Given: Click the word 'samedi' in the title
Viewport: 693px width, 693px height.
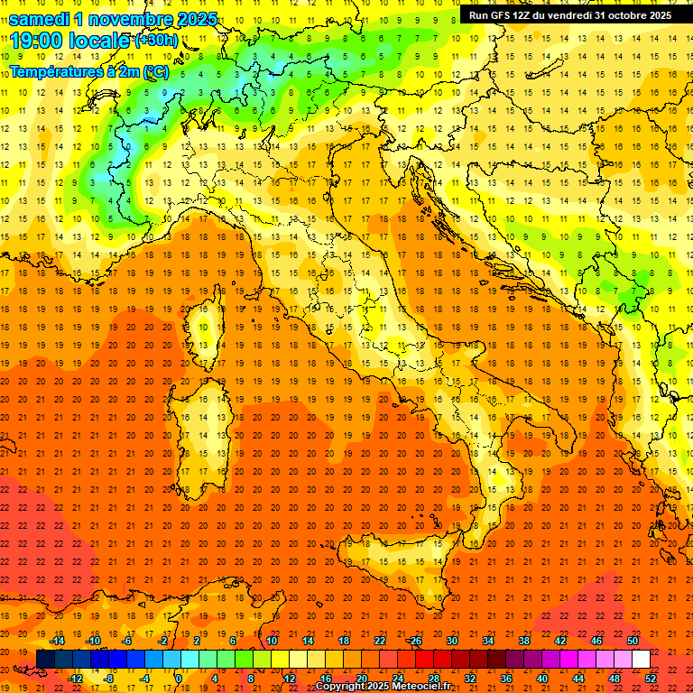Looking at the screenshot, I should pyautogui.click(x=37, y=19).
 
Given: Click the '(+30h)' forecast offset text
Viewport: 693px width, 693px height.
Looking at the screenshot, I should pyautogui.click(x=156, y=41).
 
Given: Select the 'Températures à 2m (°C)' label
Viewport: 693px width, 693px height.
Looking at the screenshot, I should pyautogui.click(x=88, y=70).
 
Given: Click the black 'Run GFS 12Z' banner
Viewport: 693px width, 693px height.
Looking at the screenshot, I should pyautogui.click(x=569, y=15).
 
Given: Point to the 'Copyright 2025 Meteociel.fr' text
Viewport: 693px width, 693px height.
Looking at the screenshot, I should pyautogui.click(x=383, y=686).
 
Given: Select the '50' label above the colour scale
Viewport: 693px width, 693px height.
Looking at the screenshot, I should pyautogui.click(x=633, y=641).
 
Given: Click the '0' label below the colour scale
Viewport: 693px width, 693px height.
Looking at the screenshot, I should pyautogui.click(x=179, y=679).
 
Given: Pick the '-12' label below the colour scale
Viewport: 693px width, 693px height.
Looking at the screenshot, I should pyautogui.click(x=76, y=679).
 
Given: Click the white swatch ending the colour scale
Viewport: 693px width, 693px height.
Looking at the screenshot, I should pyautogui.click(x=641, y=659).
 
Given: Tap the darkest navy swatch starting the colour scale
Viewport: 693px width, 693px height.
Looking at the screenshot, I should pyautogui.click(x=45, y=659).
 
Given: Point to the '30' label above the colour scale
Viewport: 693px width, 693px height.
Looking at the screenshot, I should pyautogui.click(x=451, y=641).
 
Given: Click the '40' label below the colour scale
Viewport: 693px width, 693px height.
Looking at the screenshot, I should pyautogui.click(x=542, y=679).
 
